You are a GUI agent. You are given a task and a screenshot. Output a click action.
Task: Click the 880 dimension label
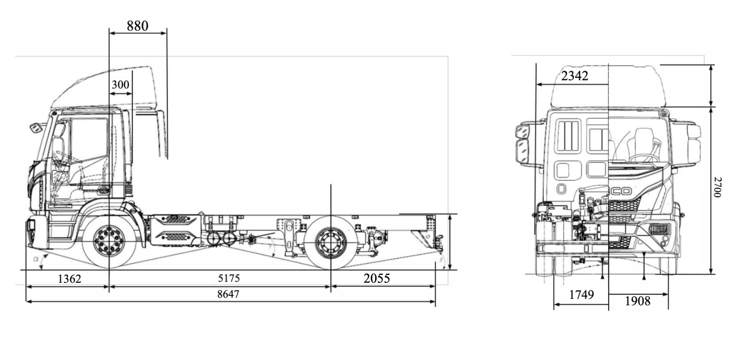point(138,26)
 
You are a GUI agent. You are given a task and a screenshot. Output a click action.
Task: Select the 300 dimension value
point(120,84)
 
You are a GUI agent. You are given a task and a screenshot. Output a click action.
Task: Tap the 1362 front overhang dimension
point(69,279)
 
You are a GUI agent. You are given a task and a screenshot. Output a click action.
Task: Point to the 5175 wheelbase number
point(229,278)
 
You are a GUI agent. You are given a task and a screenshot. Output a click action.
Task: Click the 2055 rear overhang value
point(377,278)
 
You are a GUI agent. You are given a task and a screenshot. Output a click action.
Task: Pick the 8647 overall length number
point(228,294)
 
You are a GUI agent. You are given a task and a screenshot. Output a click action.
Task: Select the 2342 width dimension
point(575,76)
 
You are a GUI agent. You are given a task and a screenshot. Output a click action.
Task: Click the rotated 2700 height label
point(717,187)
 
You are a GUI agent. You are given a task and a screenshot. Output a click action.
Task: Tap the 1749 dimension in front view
point(582,295)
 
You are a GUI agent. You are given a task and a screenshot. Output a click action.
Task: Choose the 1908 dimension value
point(638,301)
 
